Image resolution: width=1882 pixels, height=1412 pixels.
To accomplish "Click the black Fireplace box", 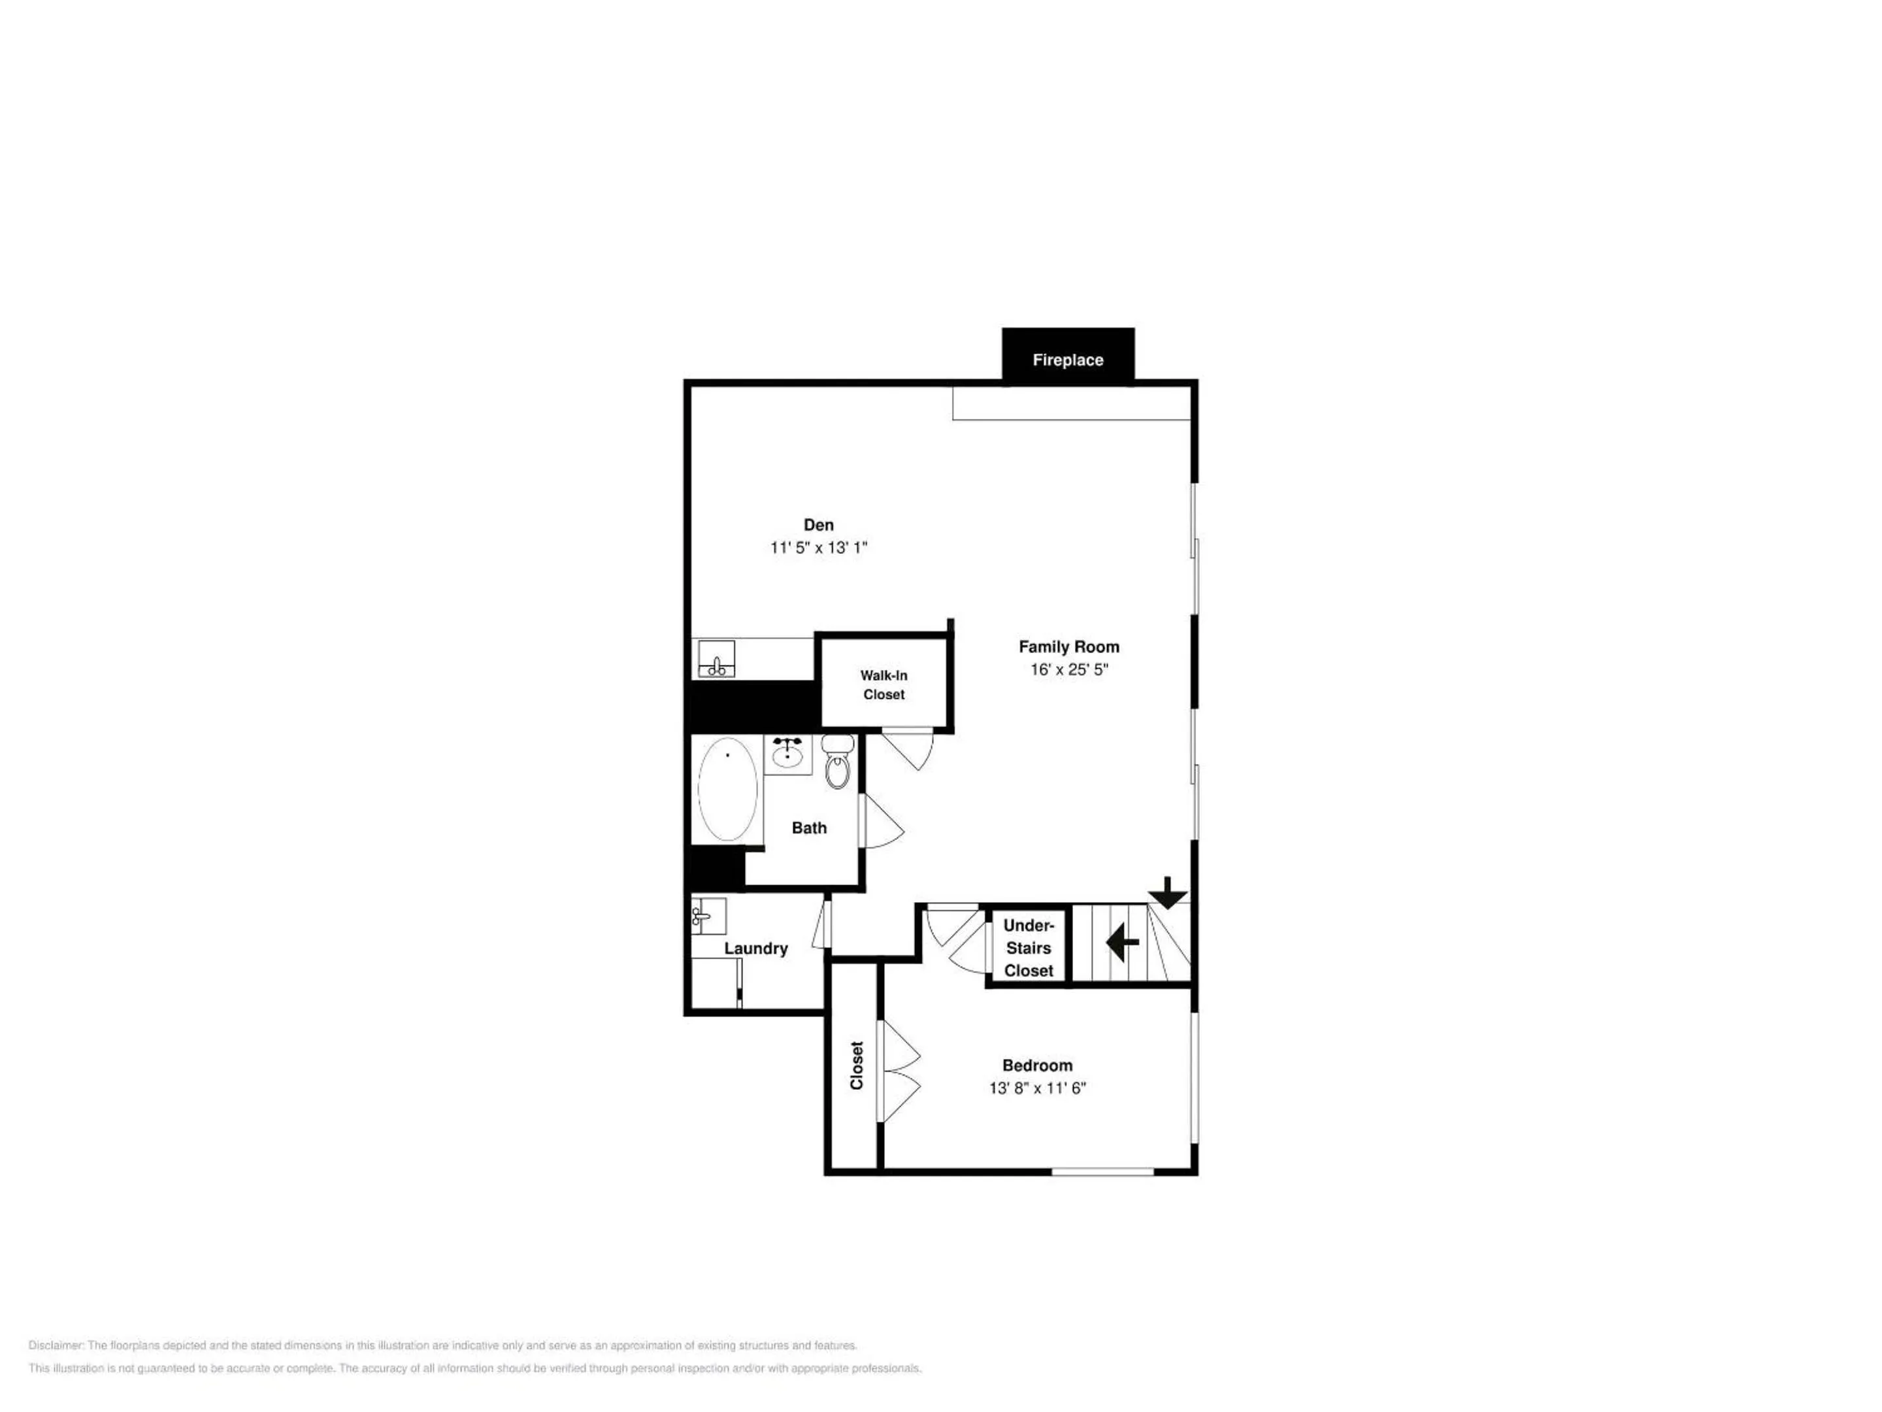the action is click(1068, 357).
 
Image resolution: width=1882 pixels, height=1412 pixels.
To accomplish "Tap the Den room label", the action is click(819, 525).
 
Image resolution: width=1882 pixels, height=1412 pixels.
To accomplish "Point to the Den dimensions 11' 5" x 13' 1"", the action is click(819, 547).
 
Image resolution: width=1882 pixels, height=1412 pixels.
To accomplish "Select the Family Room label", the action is click(1068, 648).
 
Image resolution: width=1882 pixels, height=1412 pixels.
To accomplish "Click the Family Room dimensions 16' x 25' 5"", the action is click(1068, 670).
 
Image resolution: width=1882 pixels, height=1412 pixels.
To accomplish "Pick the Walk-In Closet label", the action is click(884, 685).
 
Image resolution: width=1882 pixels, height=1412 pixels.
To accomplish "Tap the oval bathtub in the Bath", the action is click(727, 789).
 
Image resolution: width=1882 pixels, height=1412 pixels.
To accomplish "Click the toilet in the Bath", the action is click(838, 762).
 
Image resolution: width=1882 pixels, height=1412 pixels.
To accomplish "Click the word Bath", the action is click(809, 828).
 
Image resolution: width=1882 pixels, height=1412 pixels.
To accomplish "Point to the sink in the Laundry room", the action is click(708, 916).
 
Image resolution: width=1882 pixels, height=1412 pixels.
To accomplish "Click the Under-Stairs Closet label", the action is click(1028, 948).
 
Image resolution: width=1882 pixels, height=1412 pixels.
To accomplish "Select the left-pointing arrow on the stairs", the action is click(1122, 942).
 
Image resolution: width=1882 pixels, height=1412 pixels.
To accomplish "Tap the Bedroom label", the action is click(1037, 1066).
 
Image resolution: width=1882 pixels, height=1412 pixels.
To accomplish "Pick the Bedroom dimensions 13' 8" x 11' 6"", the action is click(1037, 1088).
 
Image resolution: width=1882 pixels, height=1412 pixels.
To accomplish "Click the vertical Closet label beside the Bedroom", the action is click(857, 1066).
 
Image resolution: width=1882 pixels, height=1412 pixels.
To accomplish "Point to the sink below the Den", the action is click(716, 659).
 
